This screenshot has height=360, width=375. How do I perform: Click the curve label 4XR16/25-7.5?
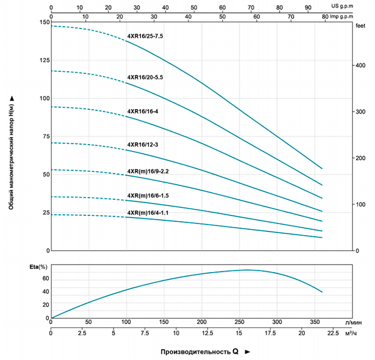[145, 36]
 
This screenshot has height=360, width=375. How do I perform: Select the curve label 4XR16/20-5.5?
[145, 78]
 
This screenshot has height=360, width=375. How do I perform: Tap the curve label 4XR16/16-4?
[142, 111]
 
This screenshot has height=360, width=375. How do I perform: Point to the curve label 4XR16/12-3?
[142, 145]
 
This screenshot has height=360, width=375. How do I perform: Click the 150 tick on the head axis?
[43, 22]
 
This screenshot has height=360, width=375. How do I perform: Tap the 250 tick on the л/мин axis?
[239, 322]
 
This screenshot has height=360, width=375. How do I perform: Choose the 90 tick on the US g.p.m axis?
[307, 8]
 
